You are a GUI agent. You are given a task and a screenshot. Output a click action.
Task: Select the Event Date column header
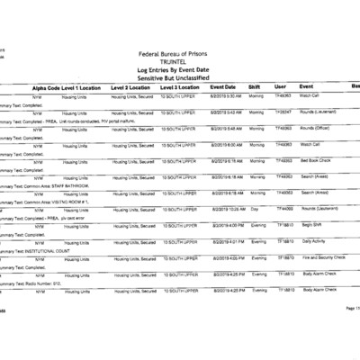click(223, 86)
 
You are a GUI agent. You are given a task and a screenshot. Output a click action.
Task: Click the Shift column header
click(255, 86)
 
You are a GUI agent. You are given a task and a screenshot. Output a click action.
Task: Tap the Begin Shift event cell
click(312, 224)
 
